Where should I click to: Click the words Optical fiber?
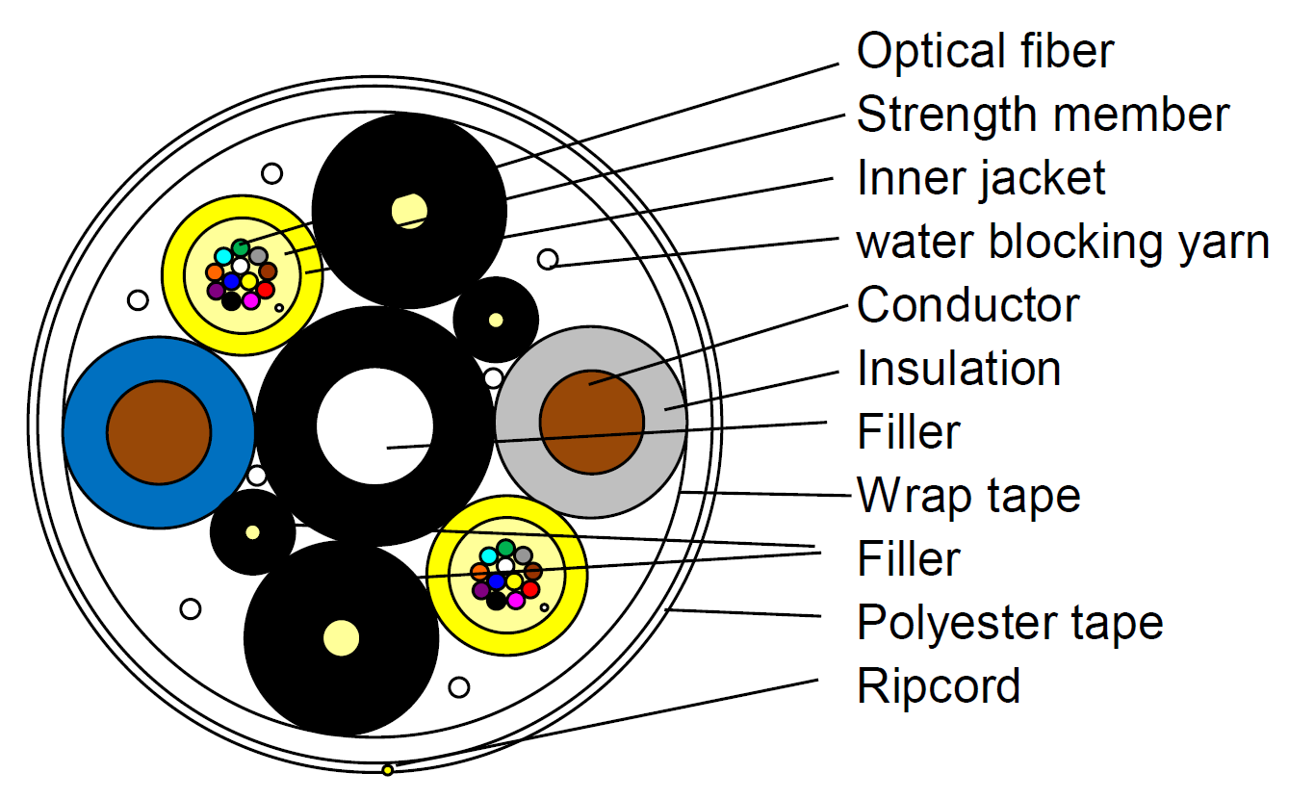tap(985, 51)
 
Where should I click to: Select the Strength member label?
tap(1043, 115)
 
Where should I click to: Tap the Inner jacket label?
tap(981, 178)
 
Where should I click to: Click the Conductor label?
tap(967, 305)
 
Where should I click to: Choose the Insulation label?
tap(959, 369)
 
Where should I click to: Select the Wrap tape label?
tap(968, 496)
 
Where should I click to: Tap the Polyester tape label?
tap(1010, 622)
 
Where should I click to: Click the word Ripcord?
tap(939, 686)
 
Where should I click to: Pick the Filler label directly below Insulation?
tap(909, 432)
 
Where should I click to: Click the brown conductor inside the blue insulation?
tap(159, 432)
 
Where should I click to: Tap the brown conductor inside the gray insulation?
tap(591, 422)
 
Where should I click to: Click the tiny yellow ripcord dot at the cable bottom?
tap(388, 770)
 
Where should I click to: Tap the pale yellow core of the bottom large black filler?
tap(341, 637)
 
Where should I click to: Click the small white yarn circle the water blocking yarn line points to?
tap(548, 259)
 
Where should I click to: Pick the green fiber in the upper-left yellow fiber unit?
tap(241, 247)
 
